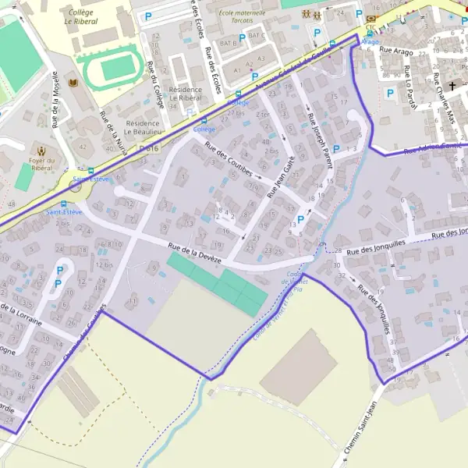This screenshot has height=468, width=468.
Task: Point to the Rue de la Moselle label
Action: (56, 99)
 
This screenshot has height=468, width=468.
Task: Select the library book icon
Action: (73, 81)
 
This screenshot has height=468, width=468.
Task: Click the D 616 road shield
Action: (151, 148)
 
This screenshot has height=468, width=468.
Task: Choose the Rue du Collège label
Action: (158, 100)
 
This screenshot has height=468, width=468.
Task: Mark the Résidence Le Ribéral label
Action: (179, 94)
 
